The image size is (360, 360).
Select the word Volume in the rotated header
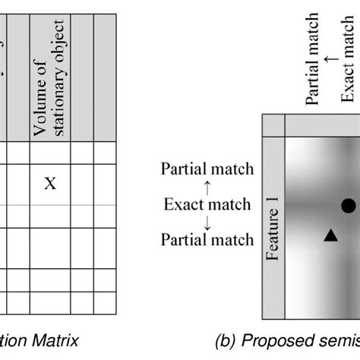[x=41, y=106]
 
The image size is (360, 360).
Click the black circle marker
[x=348, y=205]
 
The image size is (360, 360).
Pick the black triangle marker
[x=330, y=236]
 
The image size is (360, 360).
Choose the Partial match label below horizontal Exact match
[x=207, y=240]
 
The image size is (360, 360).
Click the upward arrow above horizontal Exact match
[x=207, y=186]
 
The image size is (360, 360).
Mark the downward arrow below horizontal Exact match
[x=207, y=222]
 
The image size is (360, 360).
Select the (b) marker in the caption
[x=229, y=342]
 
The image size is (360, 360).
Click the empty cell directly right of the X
[x=82, y=182]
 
